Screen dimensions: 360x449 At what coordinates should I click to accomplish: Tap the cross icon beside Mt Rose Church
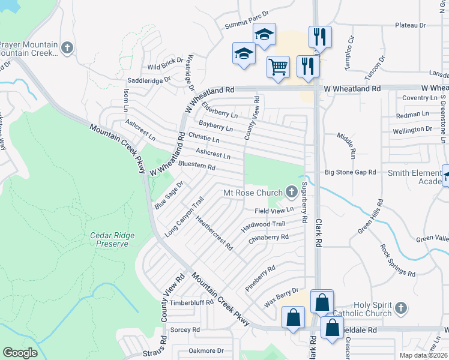[292, 193]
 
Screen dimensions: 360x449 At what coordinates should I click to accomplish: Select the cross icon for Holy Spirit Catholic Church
[401, 308]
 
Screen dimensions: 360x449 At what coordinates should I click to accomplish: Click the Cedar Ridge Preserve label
[109, 239]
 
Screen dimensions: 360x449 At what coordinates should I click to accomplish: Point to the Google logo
[20, 352]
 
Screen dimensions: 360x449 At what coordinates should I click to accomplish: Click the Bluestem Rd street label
[197, 166]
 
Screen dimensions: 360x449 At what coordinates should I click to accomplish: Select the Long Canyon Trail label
[184, 216]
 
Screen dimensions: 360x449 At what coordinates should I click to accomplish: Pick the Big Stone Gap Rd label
[350, 172]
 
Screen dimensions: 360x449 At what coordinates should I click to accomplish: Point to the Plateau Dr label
[410, 25]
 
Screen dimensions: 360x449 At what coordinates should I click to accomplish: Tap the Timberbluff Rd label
[191, 302]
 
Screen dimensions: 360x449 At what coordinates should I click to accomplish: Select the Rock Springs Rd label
[397, 260]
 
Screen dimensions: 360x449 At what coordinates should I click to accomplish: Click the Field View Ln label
[274, 211]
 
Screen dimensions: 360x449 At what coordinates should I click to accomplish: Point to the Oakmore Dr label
[206, 350]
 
